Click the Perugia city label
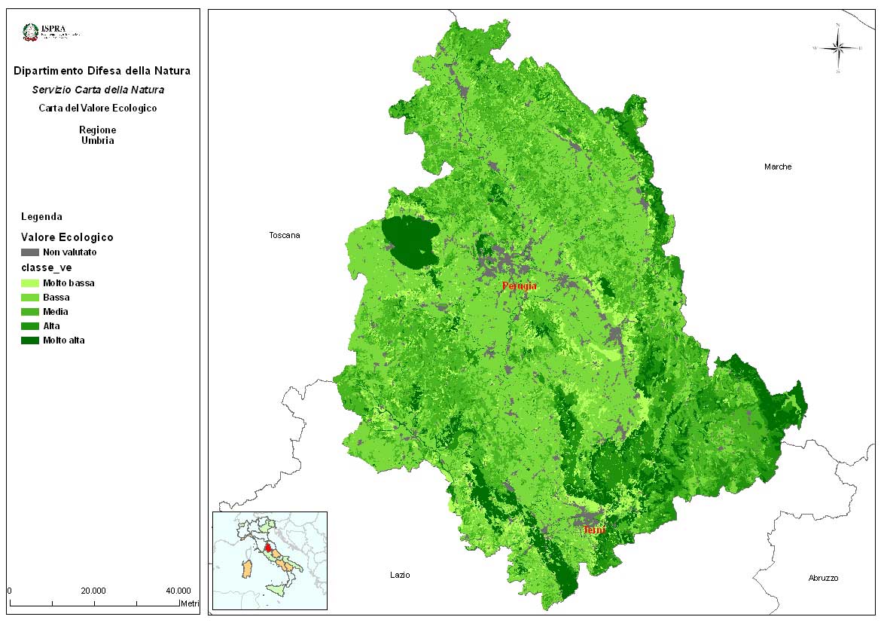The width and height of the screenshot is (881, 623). coord(520,286)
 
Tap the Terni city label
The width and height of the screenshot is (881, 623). coord(594,530)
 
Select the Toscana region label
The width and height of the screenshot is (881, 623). coord(285,236)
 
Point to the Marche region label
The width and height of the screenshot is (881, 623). coord(778,166)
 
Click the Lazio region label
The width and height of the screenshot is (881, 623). coord(400,575)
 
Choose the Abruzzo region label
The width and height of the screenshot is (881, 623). coord(823,578)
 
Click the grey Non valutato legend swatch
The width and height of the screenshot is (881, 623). coord(30,252)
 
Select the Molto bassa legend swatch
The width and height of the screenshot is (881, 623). coord(30,283)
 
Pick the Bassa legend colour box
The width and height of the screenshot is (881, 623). coord(30,298)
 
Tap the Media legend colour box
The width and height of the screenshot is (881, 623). coord(30,312)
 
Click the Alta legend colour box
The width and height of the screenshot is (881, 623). coord(30,326)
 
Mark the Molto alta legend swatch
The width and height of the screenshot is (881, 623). coord(30,341)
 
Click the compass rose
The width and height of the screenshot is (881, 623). coord(838,48)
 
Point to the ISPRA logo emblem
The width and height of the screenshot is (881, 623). coord(31,32)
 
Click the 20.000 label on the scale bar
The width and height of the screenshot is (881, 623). coord(93,591)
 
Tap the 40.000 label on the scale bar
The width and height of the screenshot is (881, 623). coord(178,591)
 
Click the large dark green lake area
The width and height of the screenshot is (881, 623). coord(410,241)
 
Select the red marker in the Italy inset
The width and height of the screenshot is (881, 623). coord(267,548)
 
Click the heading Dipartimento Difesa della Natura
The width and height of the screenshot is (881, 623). coord(102,72)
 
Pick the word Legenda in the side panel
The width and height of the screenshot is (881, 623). coord(42,216)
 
